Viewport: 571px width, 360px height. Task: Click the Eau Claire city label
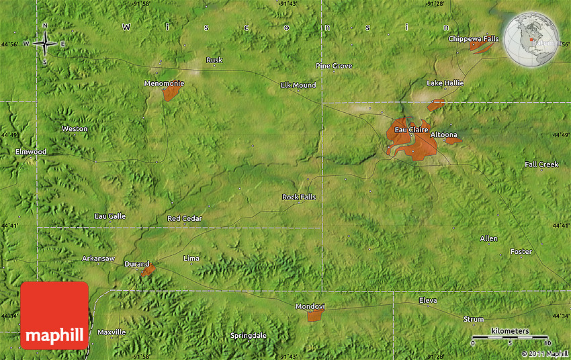tap(411, 130)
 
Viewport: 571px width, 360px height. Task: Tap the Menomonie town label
tap(164, 83)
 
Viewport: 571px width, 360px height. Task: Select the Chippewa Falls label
tap(474, 39)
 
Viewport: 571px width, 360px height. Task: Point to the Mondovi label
tap(310, 306)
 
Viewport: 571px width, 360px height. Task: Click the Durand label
tap(137, 264)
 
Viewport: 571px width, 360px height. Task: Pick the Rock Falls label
tap(299, 197)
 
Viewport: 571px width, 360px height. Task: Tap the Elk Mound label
tap(298, 85)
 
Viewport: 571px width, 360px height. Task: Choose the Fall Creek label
tap(541, 165)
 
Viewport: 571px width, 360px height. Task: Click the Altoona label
tap(443, 135)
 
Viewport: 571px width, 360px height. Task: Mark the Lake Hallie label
tap(445, 83)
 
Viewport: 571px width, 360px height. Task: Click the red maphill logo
tap(54, 316)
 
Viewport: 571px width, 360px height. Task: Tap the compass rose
tap(45, 44)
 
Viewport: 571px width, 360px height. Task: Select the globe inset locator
tap(531, 40)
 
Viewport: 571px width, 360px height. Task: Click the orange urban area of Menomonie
tap(171, 93)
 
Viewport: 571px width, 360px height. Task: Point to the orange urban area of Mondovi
tap(314, 315)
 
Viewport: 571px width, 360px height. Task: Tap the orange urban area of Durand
tap(147, 270)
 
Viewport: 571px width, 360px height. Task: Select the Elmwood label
tap(32, 152)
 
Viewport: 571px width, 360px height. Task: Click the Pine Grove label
tap(334, 66)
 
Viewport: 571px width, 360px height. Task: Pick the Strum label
tap(473, 318)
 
